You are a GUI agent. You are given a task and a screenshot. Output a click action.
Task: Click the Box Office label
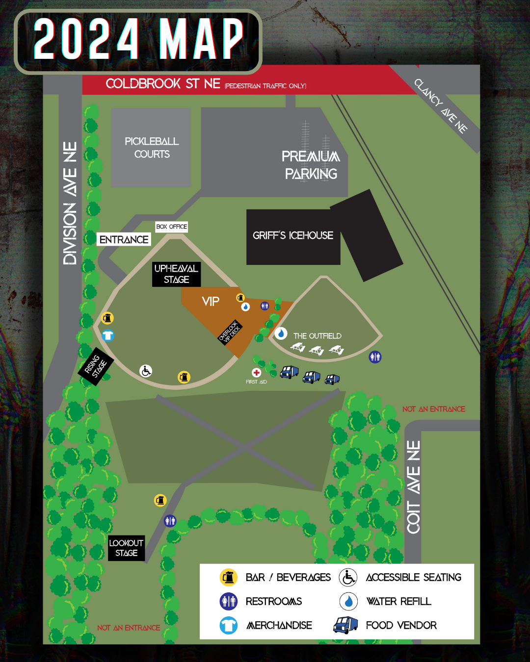click(x=172, y=227)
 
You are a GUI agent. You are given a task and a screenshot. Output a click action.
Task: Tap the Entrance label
click(x=124, y=239)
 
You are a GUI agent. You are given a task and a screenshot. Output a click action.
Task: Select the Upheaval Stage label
click(x=176, y=274)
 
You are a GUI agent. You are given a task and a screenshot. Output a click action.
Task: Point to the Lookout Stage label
click(x=126, y=548)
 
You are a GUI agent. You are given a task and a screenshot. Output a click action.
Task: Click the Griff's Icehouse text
click(x=293, y=235)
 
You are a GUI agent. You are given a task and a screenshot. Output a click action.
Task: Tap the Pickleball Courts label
click(x=152, y=148)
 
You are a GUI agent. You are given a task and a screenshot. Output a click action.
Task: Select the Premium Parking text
click(x=311, y=165)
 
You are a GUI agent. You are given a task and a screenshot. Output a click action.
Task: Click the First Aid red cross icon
click(x=256, y=373)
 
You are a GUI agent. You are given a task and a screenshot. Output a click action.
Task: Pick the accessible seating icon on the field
click(x=146, y=371)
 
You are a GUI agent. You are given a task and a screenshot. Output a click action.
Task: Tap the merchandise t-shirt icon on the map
click(x=108, y=335)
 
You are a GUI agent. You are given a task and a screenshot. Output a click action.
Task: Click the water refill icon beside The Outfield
click(x=281, y=333)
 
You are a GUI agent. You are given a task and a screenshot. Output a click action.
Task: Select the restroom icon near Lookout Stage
click(x=170, y=520)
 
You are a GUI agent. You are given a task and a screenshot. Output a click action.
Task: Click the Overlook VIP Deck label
click(x=230, y=332)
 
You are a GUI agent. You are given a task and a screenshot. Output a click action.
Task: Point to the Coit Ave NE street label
click(x=413, y=487)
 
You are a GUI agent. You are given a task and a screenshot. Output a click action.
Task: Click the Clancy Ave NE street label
click(x=441, y=106)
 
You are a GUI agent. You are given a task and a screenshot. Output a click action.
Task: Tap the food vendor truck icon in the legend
click(x=345, y=625)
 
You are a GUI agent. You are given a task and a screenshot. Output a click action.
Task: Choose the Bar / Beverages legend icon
click(x=229, y=577)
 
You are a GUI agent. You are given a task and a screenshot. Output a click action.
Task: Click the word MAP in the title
click(x=201, y=39)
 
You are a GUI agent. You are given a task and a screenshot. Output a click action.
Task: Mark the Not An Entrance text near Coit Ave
click(x=433, y=409)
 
